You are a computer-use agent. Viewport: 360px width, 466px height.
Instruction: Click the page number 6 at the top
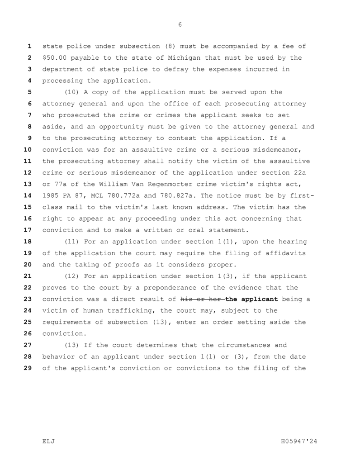click(180, 24)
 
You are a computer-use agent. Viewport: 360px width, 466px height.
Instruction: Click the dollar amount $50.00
click(56, 58)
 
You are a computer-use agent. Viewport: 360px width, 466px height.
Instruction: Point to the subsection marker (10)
click(73, 92)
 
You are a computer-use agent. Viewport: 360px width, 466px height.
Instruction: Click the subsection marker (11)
click(73, 242)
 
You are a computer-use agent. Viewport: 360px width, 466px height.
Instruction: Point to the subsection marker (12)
click(73, 276)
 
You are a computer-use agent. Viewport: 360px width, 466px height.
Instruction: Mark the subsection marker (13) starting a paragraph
click(73, 345)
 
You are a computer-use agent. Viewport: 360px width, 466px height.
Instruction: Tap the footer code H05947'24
click(299, 441)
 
